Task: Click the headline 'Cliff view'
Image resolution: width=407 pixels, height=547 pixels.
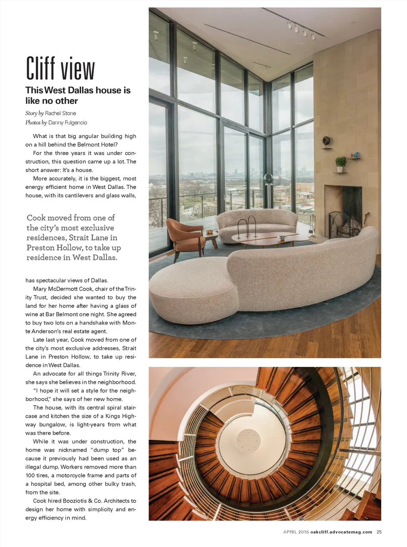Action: [x=60, y=68]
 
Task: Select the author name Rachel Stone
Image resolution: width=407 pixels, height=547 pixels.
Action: [x=60, y=113]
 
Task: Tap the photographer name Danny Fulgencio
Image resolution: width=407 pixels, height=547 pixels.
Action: [x=68, y=122]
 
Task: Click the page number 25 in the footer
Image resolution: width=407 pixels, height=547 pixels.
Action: [x=379, y=532]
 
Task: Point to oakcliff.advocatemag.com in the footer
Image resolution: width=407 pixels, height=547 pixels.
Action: [x=341, y=532]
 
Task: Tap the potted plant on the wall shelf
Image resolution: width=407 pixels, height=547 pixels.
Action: [x=341, y=163]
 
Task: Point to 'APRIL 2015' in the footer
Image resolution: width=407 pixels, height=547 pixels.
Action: [x=296, y=532]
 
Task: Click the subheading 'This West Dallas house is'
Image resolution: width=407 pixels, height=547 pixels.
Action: [x=78, y=90]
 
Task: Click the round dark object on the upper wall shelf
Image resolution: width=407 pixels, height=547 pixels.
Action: [x=326, y=141]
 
